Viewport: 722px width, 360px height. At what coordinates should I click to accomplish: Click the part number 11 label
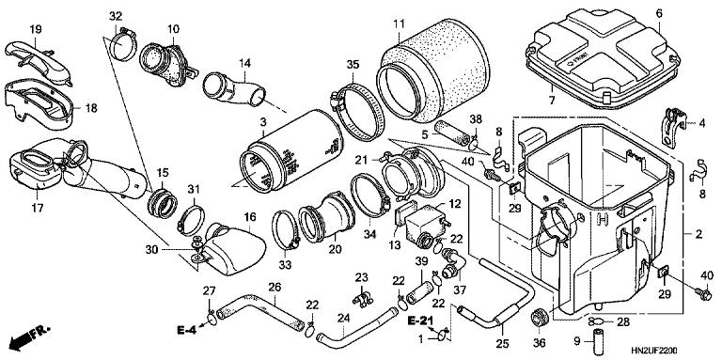[399, 23]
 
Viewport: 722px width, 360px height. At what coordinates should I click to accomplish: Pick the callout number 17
[38, 208]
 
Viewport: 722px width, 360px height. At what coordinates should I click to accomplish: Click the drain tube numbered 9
[600, 340]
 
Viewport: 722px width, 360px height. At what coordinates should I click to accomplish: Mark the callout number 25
[502, 343]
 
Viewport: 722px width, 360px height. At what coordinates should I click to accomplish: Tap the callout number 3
[263, 121]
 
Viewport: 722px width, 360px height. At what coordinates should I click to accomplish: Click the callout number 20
[336, 249]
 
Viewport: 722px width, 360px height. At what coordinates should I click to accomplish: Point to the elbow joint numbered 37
[452, 262]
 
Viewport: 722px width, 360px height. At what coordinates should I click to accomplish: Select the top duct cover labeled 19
[39, 64]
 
